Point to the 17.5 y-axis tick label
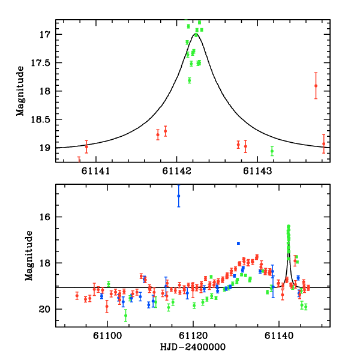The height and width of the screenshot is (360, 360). pyautogui.click(x=41, y=62)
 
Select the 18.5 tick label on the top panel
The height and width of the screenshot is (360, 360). pyautogui.click(x=41, y=119)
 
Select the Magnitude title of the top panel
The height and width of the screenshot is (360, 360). pyautogui.click(x=20, y=91)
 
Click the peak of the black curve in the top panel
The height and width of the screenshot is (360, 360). pyautogui.click(x=197, y=34)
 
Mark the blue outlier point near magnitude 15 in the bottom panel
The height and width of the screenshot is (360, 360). pyautogui.click(x=178, y=196)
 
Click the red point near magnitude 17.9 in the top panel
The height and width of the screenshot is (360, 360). pyautogui.click(x=316, y=85)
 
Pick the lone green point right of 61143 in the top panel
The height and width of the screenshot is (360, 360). pyautogui.click(x=272, y=151)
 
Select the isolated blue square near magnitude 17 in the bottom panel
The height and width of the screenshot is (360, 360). pyautogui.click(x=238, y=243)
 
